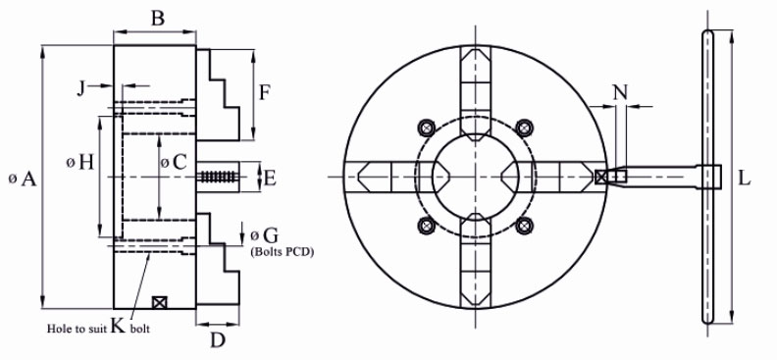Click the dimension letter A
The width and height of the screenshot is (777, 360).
(x=28, y=179)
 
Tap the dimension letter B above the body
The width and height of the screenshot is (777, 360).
(x=157, y=19)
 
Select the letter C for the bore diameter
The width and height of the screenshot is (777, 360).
(x=180, y=162)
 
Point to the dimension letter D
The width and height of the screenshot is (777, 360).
(x=218, y=339)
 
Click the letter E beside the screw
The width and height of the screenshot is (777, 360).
(x=270, y=179)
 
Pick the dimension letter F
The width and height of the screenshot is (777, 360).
(x=265, y=92)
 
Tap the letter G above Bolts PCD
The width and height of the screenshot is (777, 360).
(x=271, y=234)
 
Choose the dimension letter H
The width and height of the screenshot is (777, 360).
(x=85, y=162)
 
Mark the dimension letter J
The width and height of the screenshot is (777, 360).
(x=81, y=88)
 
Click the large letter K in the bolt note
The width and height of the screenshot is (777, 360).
(x=118, y=325)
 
